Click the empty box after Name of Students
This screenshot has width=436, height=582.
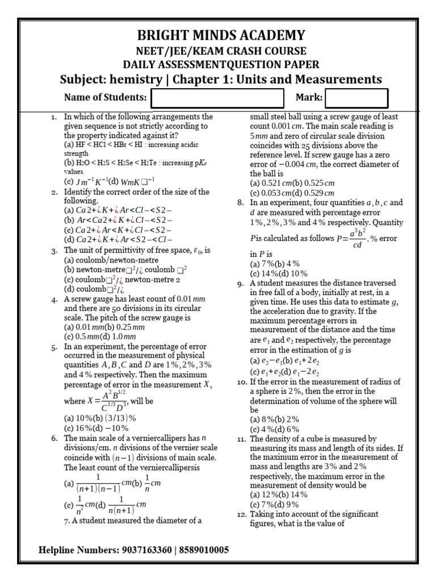click(216, 98)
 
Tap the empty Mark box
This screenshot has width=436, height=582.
click(356, 98)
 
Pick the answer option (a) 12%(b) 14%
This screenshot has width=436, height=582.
click(278, 495)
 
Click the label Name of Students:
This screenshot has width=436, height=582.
click(105, 98)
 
